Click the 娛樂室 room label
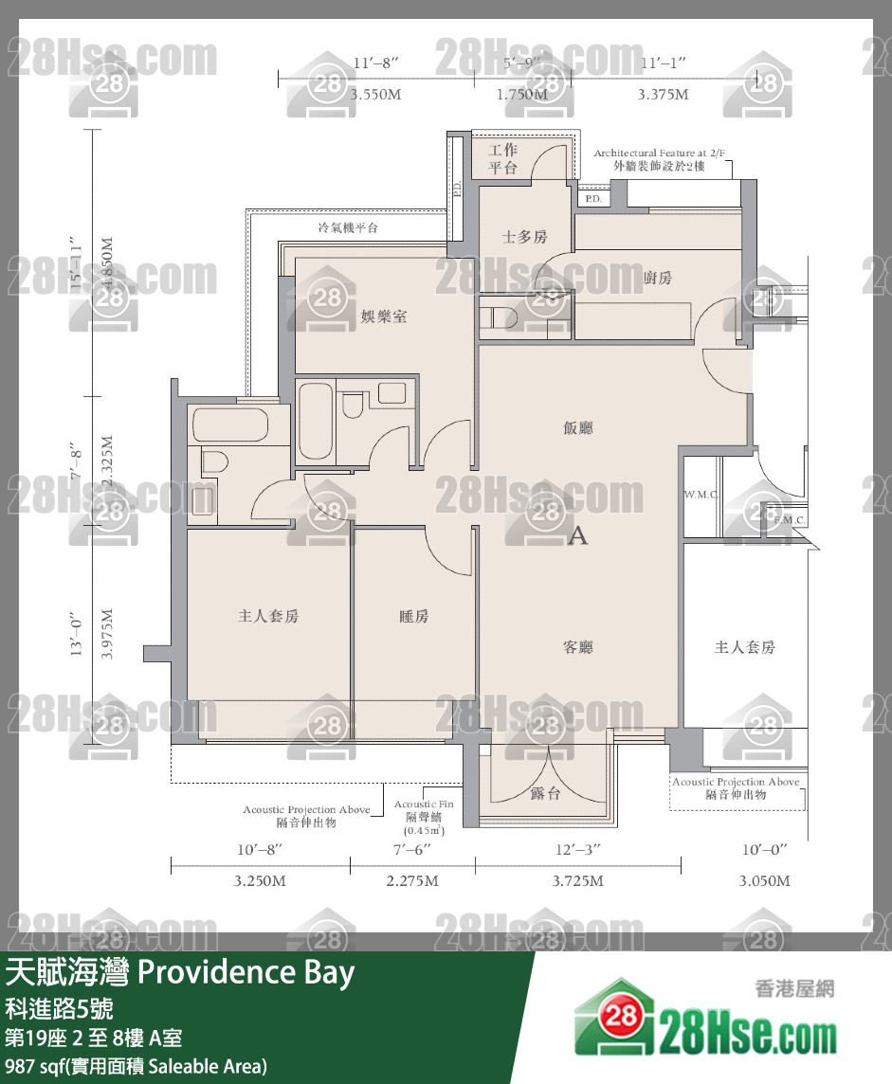(384, 316)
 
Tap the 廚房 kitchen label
(657, 278)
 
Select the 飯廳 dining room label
(578, 428)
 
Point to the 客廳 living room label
(578, 647)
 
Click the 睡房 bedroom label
(413, 616)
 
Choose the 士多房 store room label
(524, 237)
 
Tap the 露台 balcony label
(546, 792)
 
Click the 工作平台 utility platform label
(502, 159)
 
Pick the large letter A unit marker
(577, 536)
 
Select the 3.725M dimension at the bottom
(577, 881)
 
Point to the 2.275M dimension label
(411, 881)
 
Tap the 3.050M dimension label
(763, 881)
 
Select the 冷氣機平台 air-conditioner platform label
(348, 227)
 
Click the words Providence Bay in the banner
(246, 972)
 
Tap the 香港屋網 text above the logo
(795, 989)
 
